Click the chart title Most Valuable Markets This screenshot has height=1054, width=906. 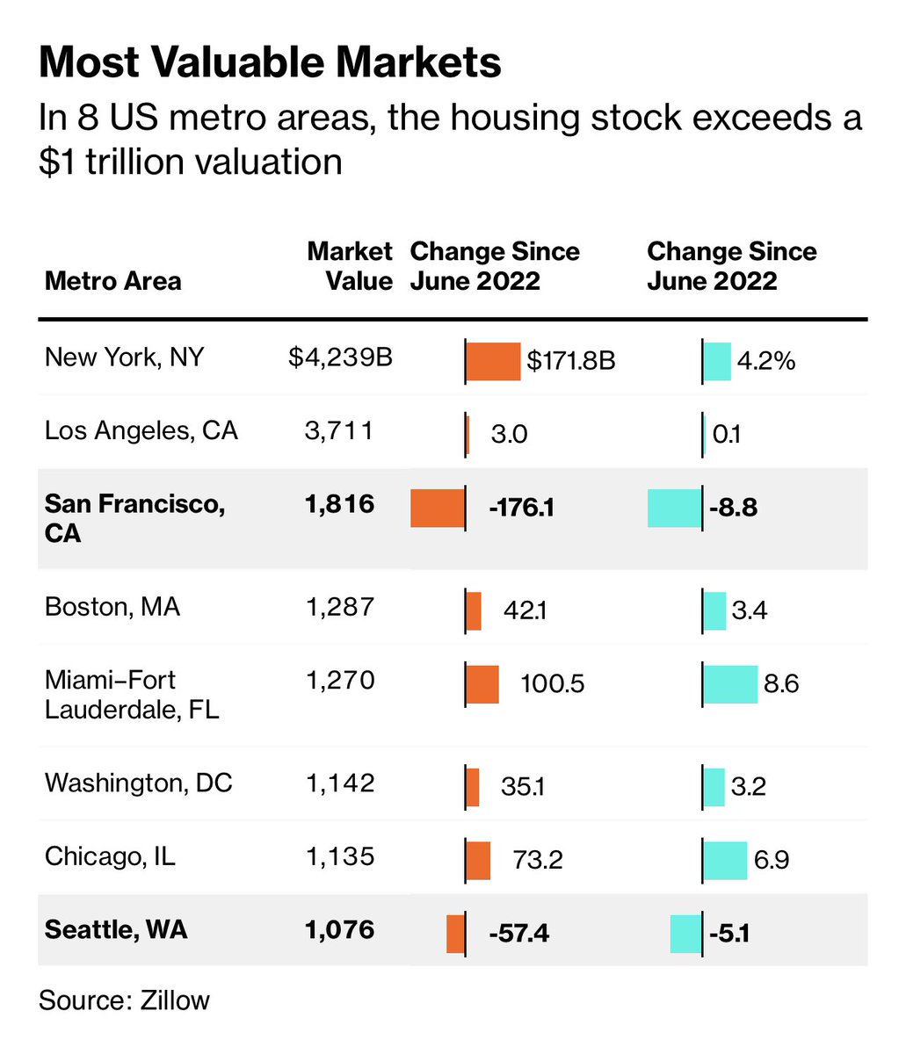(x=270, y=63)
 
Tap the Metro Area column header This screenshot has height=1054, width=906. (x=112, y=281)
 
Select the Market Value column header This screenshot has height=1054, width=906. (x=350, y=266)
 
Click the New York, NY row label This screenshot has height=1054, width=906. (x=124, y=357)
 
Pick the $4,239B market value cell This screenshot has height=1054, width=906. (x=340, y=357)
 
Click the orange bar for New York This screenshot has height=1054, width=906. (x=493, y=361)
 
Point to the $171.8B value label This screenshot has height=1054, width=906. (x=571, y=361)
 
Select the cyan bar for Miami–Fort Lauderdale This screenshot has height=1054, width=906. (x=730, y=684)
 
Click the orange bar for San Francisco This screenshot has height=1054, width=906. (x=438, y=508)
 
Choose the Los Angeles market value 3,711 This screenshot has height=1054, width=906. (x=340, y=430)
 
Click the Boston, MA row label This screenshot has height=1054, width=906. (x=112, y=607)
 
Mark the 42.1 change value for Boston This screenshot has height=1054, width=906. (x=524, y=610)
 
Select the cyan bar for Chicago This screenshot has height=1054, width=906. (x=725, y=860)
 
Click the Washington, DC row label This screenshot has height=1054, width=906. (x=138, y=783)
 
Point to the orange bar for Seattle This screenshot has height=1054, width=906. (x=455, y=933)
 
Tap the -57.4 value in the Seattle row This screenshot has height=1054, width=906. (x=519, y=933)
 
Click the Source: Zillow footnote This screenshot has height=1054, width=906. (x=124, y=1000)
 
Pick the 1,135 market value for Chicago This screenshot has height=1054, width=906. (x=340, y=856)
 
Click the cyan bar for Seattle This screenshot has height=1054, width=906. (x=686, y=933)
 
